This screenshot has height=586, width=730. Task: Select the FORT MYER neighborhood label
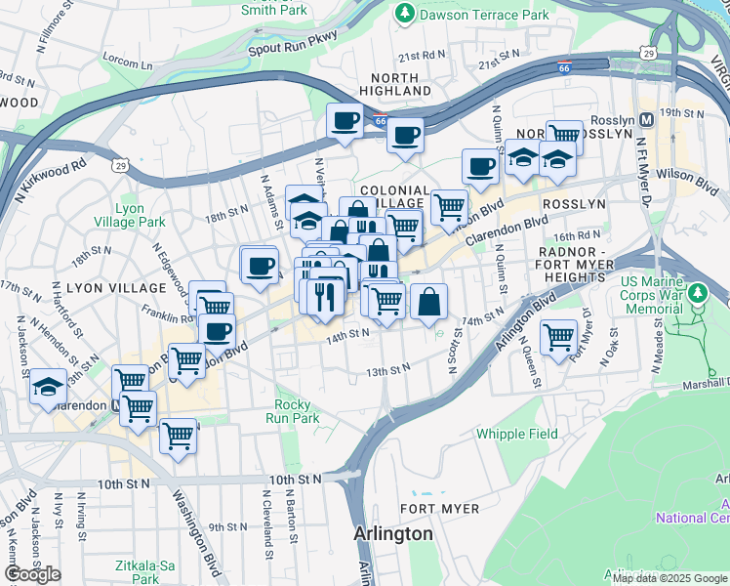coord(439,509)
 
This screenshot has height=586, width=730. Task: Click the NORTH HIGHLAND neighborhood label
coord(398,83)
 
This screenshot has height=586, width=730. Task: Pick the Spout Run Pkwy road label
coord(293,44)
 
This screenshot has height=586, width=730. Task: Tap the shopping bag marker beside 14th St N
coord(428,302)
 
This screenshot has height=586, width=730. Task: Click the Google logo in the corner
coord(32,574)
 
